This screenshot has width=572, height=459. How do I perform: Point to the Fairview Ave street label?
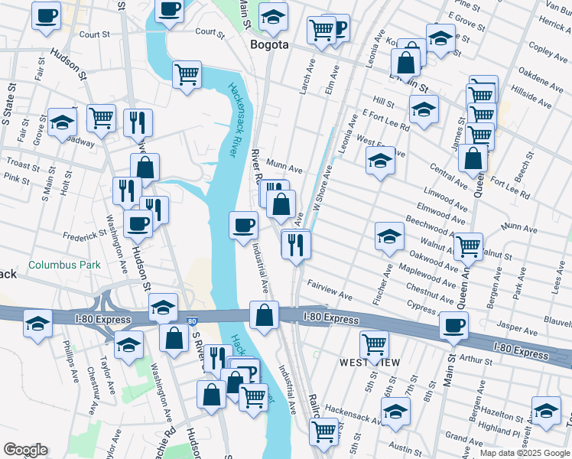[330, 290]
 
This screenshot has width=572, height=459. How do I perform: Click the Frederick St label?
[83, 235]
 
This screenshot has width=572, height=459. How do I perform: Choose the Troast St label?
[22, 164]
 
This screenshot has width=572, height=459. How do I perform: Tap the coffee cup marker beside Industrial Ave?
[244, 226]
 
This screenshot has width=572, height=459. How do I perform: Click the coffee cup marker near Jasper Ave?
[453, 325]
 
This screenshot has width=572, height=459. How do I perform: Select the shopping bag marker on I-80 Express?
[264, 315]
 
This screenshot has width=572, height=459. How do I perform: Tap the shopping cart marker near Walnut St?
[468, 246]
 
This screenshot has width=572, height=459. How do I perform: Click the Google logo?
[25, 450]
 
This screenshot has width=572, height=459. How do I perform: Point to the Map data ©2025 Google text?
[524, 453]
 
